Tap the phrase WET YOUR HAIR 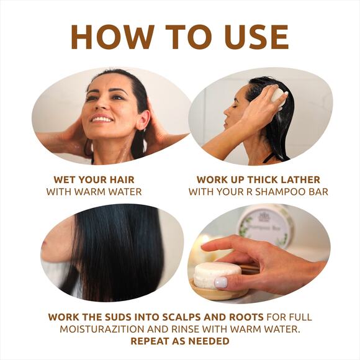pos(94,180)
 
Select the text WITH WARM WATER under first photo pos(94,192)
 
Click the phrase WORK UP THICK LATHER pos(258,180)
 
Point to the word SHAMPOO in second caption pos(277,192)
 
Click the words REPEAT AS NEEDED pos(179,341)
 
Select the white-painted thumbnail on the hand pos(221,282)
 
